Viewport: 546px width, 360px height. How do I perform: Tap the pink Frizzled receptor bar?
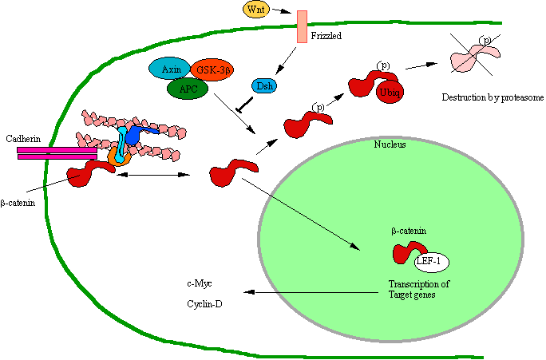[x=302, y=26]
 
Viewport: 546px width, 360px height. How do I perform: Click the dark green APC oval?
[x=188, y=88]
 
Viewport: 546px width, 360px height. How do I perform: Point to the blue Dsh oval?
[x=264, y=85]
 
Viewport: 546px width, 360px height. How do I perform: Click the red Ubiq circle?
[x=390, y=92]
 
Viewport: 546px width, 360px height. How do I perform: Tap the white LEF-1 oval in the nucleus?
[x=432, y=261]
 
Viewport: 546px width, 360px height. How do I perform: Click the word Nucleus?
[x=390, y=144]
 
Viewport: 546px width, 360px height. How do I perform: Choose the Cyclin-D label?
[x=204, y=303]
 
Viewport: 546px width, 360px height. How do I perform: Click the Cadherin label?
[x=23, y=137]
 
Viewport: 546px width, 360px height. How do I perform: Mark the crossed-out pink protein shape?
[x=477, y=57]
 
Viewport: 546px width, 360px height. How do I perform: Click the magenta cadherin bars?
[x=57, y=152]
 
